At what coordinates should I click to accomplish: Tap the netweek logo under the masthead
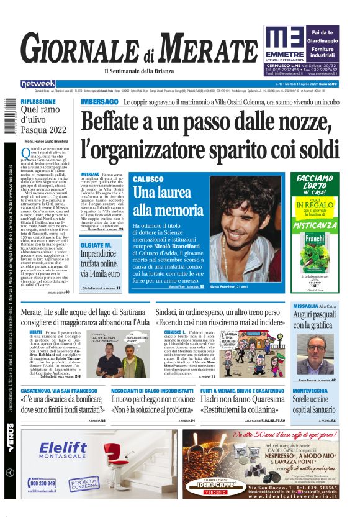click(x=38, y=83)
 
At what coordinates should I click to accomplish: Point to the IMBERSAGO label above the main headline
click(x=99, y=101)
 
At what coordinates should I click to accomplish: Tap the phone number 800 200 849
click(x=42, y=483)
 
